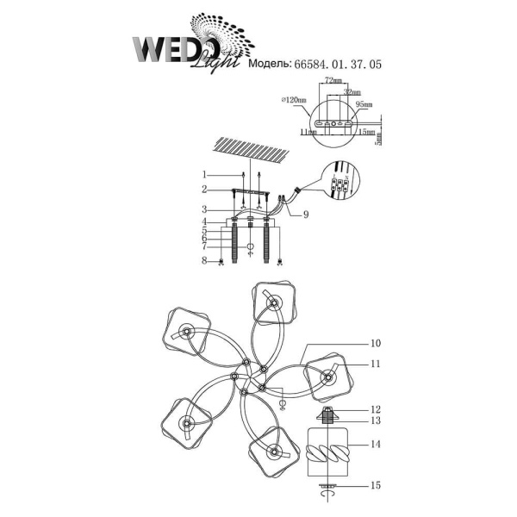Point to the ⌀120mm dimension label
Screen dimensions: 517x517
(x=294, y=101)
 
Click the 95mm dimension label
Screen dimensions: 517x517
(x=363, y=104)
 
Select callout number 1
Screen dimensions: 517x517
(x=205, y=176)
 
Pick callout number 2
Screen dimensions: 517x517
(x=205, y=190)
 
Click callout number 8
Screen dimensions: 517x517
(x=205, y=260)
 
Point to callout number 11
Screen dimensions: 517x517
(x=376, y=364)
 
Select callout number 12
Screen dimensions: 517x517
(x=376, y=409)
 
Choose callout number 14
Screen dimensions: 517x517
(x=376, y=445)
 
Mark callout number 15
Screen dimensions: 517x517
(x=376, y=487)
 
